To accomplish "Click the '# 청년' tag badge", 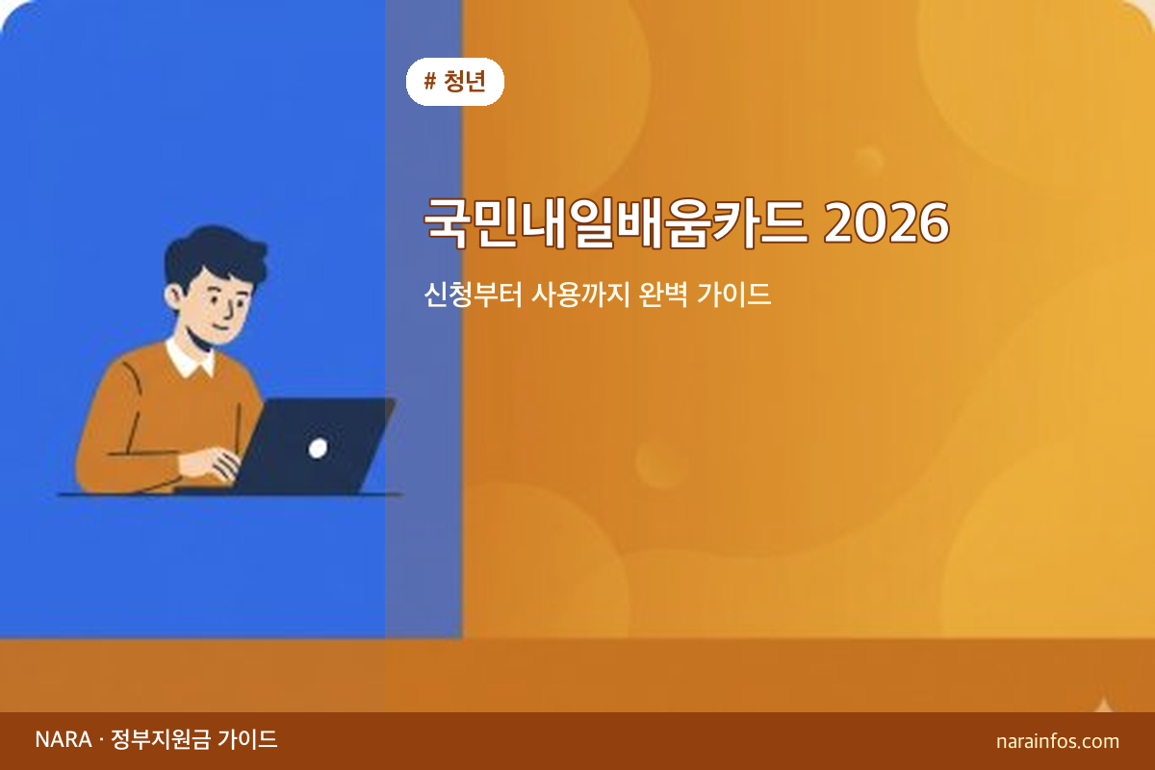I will coord(455,82).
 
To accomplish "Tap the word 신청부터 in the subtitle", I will coord(473,294).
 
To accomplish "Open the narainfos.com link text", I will coord(1058,741).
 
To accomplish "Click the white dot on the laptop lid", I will coord(317,447).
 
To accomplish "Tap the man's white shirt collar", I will coord(190,358).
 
